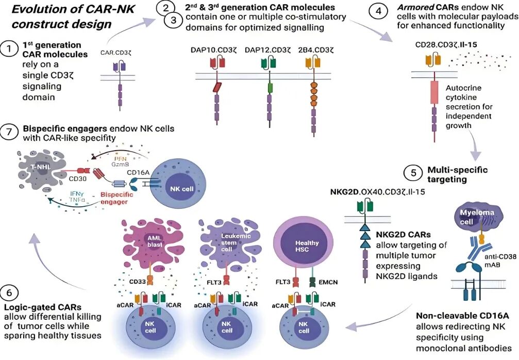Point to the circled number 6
(x=10, y=292)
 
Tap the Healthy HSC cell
(x=307, y=244)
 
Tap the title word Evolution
(x=36, y=9)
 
